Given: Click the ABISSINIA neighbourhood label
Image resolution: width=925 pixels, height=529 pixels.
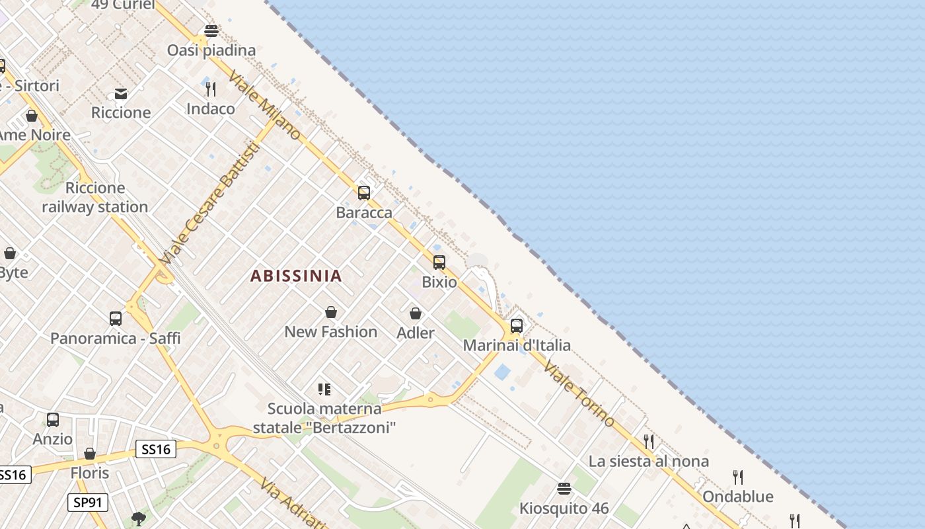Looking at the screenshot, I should pyautogui.click(x=296, y=276).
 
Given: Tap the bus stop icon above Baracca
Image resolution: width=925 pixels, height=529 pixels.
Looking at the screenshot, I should pyautogui.click(x=363, y=193).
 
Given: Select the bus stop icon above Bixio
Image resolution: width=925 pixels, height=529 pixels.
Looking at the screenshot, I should pyautogui.click(x=439, y=263).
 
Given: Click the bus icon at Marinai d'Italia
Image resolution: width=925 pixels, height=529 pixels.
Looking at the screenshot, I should pyautogui.click(x=517, y=326).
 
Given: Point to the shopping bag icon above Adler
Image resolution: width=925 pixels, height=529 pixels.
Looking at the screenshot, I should pyautogui.click(x=416, y=313).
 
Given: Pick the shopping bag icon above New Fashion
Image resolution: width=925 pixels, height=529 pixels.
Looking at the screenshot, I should pyautogui.click(x=331, y=312).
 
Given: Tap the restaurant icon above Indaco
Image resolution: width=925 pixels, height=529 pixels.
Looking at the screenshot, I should pyautogui.click(x=211, y=89).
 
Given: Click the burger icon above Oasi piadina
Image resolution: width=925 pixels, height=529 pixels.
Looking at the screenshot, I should pyautogui.click(x=211, y=31).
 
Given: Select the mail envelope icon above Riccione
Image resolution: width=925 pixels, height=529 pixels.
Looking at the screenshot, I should pyautogui.click(x=121, y=94).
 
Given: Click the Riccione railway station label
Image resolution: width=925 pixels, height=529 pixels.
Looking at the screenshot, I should pyautogui.click(x=95, y=198).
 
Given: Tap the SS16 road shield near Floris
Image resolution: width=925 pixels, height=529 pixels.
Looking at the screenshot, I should pyautogui.click(x=156, y=450).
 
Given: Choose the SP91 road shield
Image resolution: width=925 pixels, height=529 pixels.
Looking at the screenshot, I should pyautogui.click(x=88, y=503).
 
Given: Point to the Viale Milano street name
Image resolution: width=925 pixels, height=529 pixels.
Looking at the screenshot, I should pyautogui.click(x=264, y=106).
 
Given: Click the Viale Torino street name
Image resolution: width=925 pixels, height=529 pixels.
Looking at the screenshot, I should pyautogui.click(x=579, y=395).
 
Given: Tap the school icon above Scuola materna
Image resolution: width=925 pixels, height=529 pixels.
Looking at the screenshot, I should pyautogui.click(x=324, y=389).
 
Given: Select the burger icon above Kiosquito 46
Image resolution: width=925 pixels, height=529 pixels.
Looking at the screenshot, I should pyautogui.click(x=564, y=489).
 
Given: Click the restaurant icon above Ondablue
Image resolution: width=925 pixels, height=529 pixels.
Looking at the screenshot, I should pyautogui.click(x=738, y=477).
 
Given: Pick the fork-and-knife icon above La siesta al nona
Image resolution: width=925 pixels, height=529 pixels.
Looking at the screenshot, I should pyautogui.click(x=649, y=442).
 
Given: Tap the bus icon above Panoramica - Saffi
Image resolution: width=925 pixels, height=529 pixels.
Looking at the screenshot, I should pyautogui.click(x=116, y=319).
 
